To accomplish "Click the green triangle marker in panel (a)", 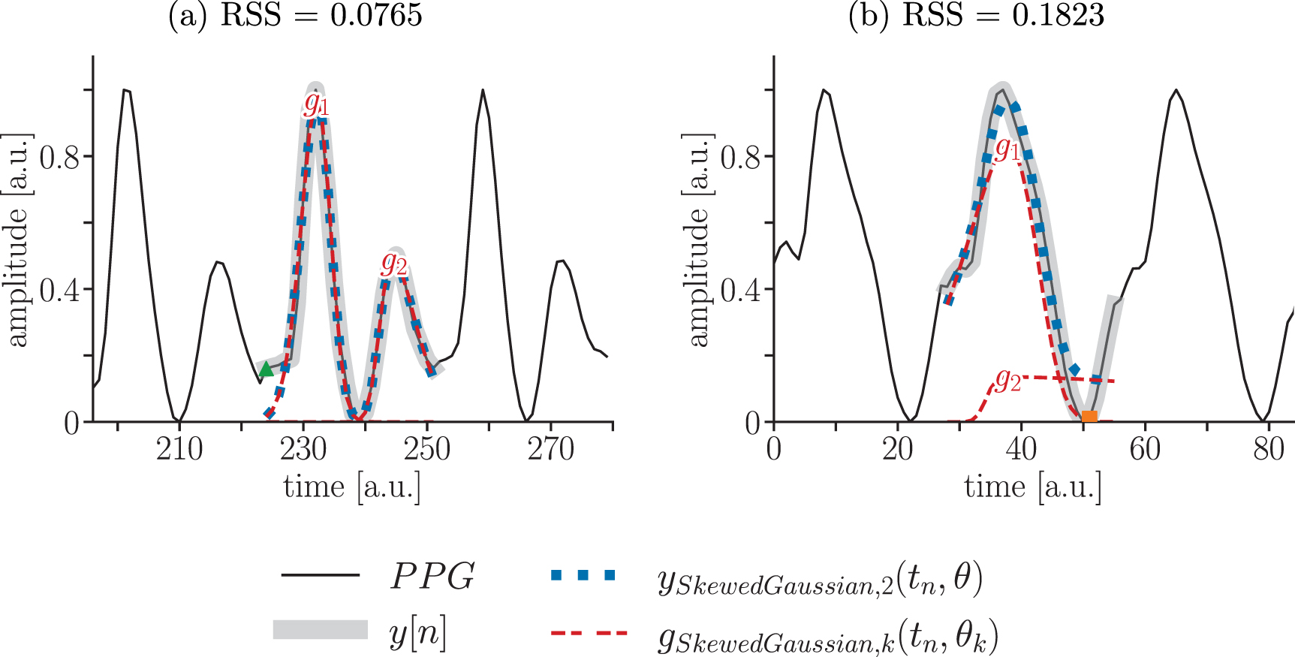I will coord(266,369).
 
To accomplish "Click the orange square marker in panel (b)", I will coord(1089,416).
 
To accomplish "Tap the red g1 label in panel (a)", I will coord(316,104).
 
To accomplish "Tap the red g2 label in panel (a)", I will coord(394,263).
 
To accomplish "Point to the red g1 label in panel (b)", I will coord(1007,149).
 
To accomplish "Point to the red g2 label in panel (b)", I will coord(1007,380).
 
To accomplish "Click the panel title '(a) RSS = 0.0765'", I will coord(295,15).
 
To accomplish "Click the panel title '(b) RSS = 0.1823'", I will coord(976,15).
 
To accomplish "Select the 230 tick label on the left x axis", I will coord(303,450).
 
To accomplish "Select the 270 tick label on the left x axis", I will coord(550,450).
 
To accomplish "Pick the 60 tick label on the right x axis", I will coord(1144,450).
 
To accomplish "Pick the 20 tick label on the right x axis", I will coord(897,450).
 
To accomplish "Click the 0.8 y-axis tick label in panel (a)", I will coord(59,158).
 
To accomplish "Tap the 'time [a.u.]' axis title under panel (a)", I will coord(351,487).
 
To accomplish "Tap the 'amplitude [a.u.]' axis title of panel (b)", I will coord(698,240).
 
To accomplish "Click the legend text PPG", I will coord(432,577).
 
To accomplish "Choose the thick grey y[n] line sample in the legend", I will coord(320,629).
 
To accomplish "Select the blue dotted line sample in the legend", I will coord(583,576).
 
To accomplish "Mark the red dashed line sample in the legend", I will coord(589,633).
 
